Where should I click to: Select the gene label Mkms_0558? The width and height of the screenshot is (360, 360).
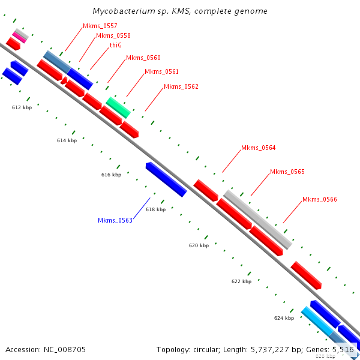click(x=113, y=35)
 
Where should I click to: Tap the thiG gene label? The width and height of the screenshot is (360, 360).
click(x=115, y=45)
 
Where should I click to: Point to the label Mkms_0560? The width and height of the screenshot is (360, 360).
click(x=143, y=58)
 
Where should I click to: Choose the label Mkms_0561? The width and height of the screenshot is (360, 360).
click(x=161, y=71)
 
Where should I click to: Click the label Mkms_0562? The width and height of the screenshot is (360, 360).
click(x=181, y=86)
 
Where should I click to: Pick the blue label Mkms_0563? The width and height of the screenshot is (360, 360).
click(x=115, y=220)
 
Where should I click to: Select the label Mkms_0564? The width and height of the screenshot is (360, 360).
click(x=258, y=148)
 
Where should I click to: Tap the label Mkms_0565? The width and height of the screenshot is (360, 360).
click(x=287, y=172)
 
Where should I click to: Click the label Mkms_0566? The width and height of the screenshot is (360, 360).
click(x=319, y=199)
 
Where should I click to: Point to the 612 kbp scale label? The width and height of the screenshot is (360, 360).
click(x=22, y=107)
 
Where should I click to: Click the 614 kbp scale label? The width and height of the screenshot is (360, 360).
click(x=67, y=140)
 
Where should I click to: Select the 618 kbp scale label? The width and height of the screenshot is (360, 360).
click(x=155, y=209)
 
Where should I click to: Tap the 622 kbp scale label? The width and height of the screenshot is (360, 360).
click(x=241, y=281)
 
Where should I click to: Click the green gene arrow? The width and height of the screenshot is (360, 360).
click(x=118, y=107)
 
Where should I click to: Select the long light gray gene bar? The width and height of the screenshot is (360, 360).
click(x=257, y=219)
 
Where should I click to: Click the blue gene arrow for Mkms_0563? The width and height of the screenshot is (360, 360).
click(x=166, y=179)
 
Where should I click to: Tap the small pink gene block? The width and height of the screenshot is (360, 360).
click(x=20, y=37)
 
